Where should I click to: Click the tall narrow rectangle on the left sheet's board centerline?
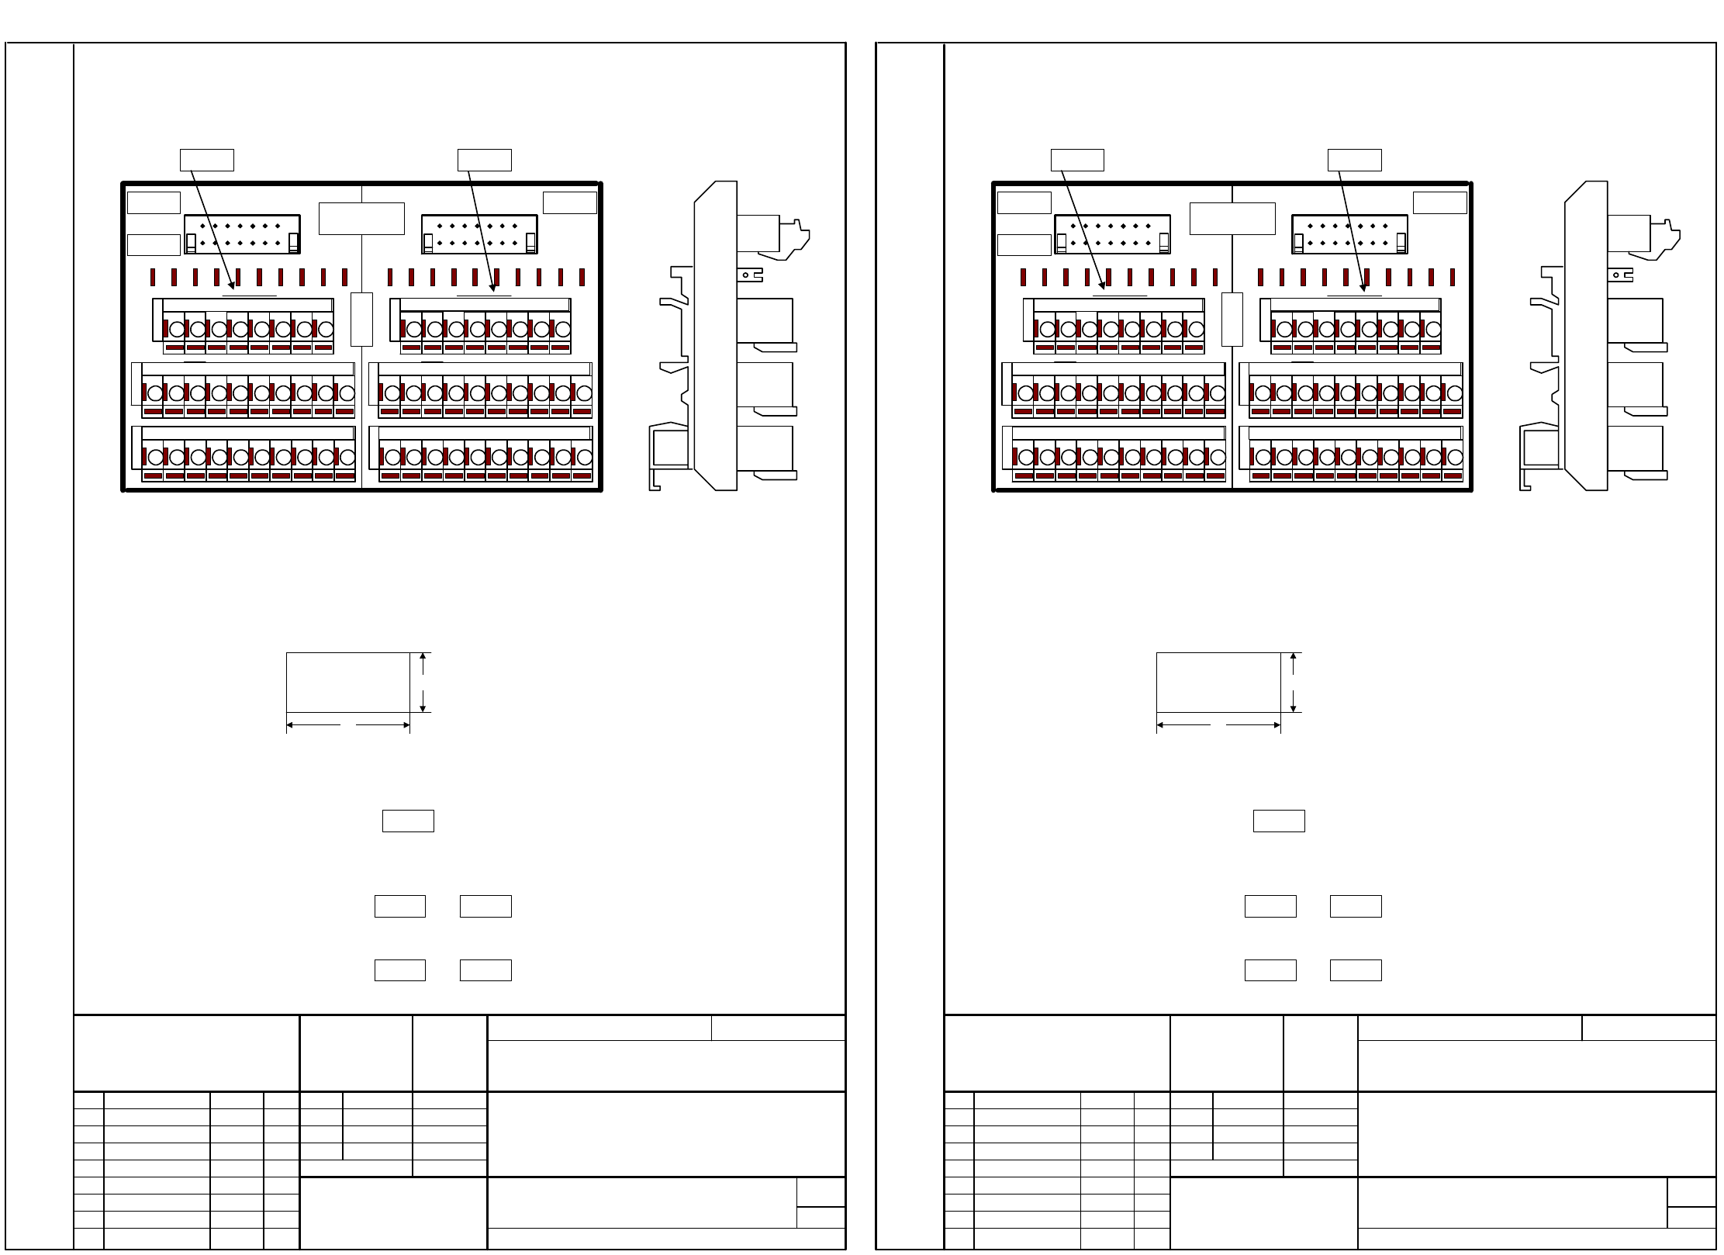point(361,319)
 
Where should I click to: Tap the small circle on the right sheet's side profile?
point(1617,274)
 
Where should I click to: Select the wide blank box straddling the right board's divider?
point(1232,219)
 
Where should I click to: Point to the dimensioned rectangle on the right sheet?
point(1218,682)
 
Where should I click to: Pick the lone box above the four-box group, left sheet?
point(408,821)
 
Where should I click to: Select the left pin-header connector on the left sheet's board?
point(242,234)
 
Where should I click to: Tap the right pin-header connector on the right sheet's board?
point(1349,234)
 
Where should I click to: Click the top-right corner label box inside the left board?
point(570,202)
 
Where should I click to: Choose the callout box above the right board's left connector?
point(1077,160)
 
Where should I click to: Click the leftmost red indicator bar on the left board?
point(154,277)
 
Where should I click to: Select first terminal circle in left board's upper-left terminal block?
point(176,329)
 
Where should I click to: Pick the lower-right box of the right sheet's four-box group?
point(1356,970)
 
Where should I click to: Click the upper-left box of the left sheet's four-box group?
point(400,906)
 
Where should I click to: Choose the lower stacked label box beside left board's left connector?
point(154,244)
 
